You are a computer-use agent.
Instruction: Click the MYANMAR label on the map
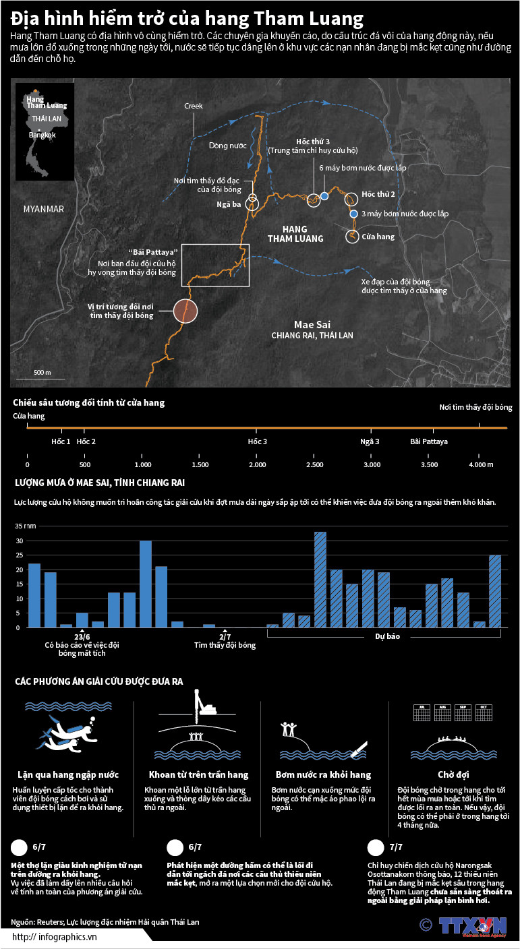43,209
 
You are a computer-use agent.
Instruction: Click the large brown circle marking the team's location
185,311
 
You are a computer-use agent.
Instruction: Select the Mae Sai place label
312,324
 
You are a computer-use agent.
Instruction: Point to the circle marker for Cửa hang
352,237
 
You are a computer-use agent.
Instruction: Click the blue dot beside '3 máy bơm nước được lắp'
354,214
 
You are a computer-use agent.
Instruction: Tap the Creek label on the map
194,106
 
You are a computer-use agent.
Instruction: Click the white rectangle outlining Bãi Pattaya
215,265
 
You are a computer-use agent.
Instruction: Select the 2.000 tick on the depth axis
257,465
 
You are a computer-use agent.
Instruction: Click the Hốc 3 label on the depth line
257,441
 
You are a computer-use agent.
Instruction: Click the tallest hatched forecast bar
320,579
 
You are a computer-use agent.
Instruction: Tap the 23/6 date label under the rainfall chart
82,636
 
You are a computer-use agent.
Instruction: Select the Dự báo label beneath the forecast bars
383,636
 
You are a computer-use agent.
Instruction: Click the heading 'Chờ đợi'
453,774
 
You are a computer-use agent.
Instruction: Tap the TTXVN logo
472,925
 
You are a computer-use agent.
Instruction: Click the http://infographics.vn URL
55,936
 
